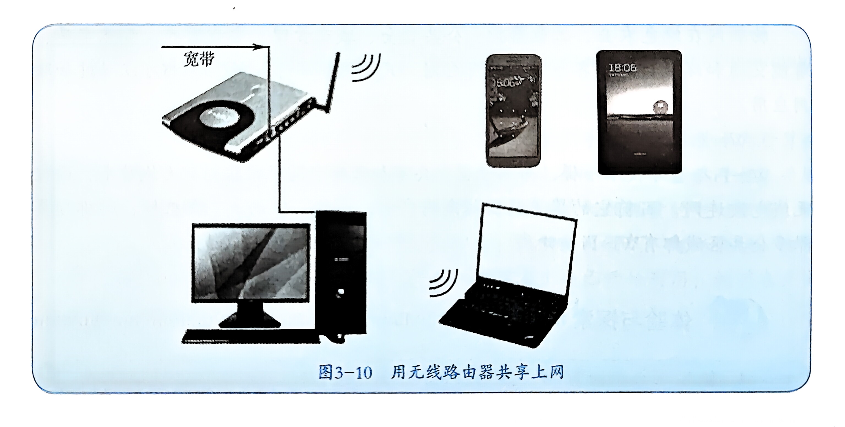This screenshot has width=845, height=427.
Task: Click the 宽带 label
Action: click(x=199, y=59)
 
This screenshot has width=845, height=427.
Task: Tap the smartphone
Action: click(x=513, y=111)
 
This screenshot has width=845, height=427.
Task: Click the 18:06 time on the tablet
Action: click(x=622, y=68)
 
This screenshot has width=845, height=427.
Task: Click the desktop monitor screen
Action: click(x=251, y=262)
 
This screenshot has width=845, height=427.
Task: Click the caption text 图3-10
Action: click(x=345, y=373)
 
